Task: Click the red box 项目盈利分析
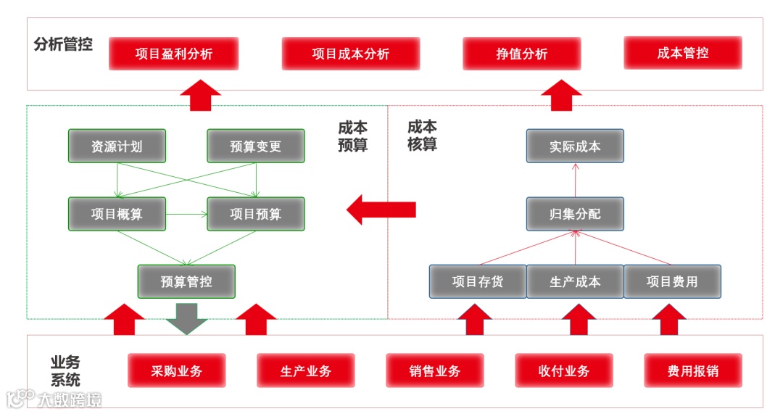pyautogui.click(x=174, y=54)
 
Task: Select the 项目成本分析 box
pyautogui.click(x=351, y=54)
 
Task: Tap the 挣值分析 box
pyautogui.click(x=522, y=54)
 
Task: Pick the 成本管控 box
pyautogui.click(x=683, y=53)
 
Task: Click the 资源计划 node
pyautogui.click(x=117, y=146)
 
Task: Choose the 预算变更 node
pyautogui.click(x=256, y=146)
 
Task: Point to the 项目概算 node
pyautogui.click(x=117, y=214)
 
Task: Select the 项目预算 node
pyautogui.click(x=256, y=214)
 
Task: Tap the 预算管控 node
pyautogui.click(x=186, y=281)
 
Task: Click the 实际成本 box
pyautogui.click(x=575, y=146)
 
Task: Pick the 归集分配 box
pyautogui.click(x=575, y=214)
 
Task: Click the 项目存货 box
pyautogui.click(x=478, y=281)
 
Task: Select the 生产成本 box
pyautogui.click(x=575, y=281)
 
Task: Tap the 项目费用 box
pyautogui.click(x=672, y=281)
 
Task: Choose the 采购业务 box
pyautogui.click(x=177, y=371)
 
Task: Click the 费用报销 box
pyautogui.click(x=693, y=371)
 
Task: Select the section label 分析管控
pyautogui.click(x=64, y=44)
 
